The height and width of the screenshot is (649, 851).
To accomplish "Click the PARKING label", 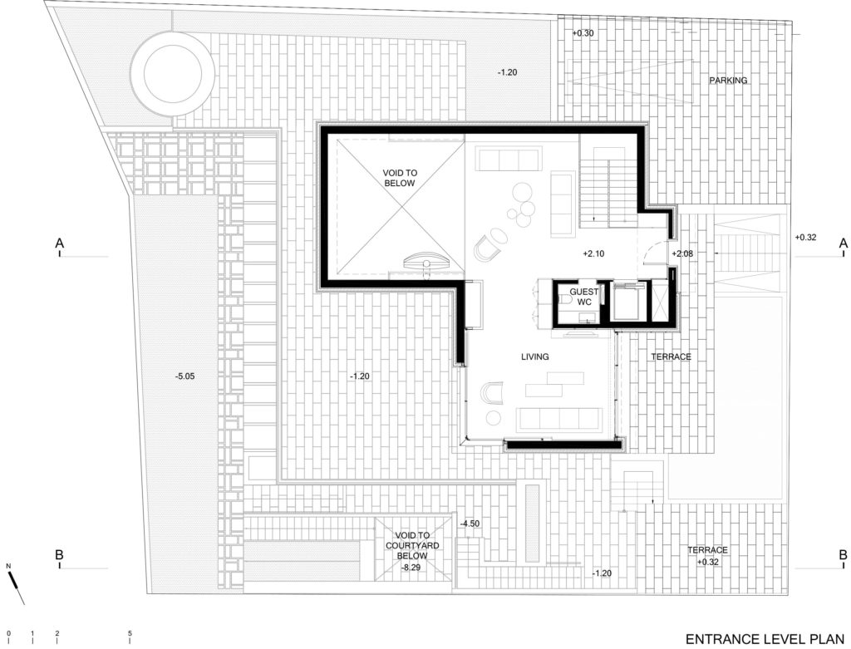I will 728,81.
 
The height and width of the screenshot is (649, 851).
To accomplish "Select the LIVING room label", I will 536,356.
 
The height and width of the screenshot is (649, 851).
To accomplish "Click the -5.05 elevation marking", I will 184,376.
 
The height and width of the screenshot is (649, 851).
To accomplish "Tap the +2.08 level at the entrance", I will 682,253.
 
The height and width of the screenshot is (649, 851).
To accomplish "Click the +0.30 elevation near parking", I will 583,32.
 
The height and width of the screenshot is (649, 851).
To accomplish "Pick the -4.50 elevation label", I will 471,524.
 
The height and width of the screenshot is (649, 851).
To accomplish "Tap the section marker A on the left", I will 59,243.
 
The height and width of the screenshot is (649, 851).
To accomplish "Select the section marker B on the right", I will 843,555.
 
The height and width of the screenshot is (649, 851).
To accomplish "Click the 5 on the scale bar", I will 130,634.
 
